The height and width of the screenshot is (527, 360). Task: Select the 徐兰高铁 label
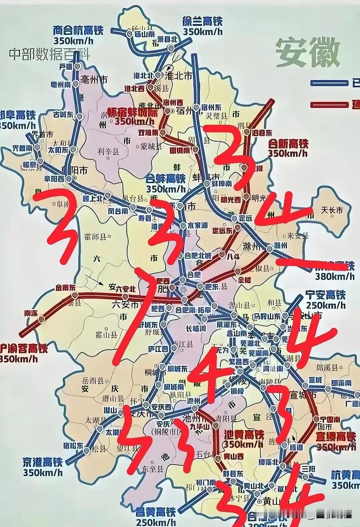click(202, 22)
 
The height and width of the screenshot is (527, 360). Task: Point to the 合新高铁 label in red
click(289, 144)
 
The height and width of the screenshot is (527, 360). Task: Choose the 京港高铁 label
click(43, 462)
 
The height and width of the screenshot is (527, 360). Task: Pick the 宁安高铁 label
click(326, 295)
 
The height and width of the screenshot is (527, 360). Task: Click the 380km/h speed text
click(335, 276)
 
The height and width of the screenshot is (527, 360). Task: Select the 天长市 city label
click(331, 210)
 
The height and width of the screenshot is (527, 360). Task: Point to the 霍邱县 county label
click(97, 237)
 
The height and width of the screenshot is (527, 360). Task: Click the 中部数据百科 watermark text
click(49, 54)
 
